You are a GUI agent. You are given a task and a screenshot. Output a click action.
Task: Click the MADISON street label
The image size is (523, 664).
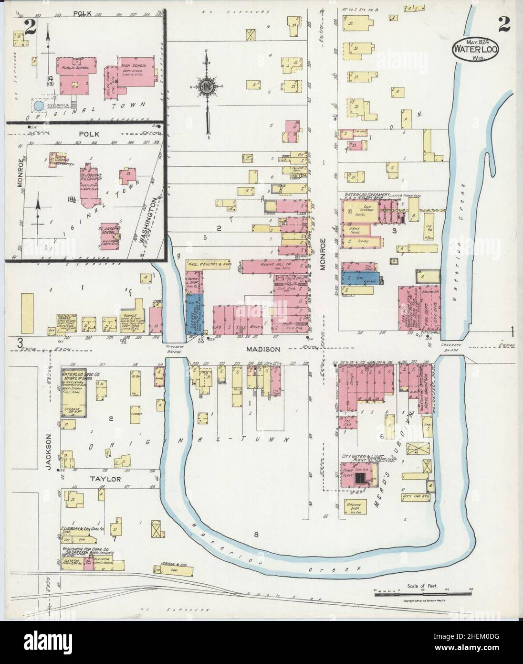(263, 349)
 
